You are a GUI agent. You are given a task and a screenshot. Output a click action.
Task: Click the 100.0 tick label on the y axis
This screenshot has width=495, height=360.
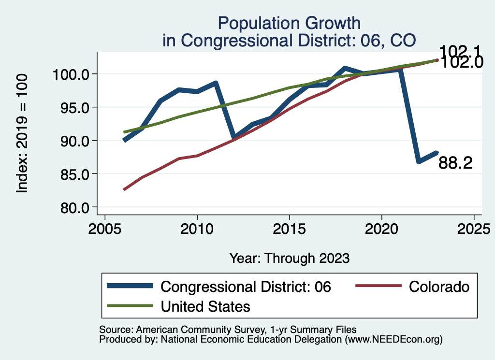pyautogui.click(x=73, y=74)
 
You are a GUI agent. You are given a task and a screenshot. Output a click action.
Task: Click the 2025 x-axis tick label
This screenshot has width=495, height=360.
pyautogui.click(x=474, y=228)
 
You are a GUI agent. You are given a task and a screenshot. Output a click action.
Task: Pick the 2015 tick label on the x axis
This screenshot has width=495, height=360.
pyautogui.click(x=290, y=228)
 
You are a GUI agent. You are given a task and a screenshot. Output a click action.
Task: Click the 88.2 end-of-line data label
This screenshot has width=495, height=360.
pyautogui.click(x=455, y=163)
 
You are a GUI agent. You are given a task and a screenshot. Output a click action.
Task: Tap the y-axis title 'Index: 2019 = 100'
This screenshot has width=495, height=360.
pyautogui.click(x=22, y=133)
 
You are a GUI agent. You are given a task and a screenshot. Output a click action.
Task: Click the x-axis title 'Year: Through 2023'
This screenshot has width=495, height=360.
pyautogui.click(x=289, y=258)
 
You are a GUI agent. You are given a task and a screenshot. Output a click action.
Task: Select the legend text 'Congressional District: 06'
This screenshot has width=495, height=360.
pyautogui.click(x=246, y=287)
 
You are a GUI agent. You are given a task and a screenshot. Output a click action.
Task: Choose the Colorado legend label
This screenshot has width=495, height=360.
pyautogui.click(x=439, y=287)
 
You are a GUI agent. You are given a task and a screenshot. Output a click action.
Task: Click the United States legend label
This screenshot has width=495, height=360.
pyautogui.click(x=205, y=306)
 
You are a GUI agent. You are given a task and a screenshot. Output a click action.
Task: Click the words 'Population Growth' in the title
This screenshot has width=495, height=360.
pyautogui.click(x=289, y=23)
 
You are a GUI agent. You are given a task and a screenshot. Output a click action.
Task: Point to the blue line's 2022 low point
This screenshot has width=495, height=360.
pyautogui.click(x=419, y=161)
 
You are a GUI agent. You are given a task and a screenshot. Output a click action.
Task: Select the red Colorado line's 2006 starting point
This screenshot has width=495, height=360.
pyautogui.click(x=124, y=189)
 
